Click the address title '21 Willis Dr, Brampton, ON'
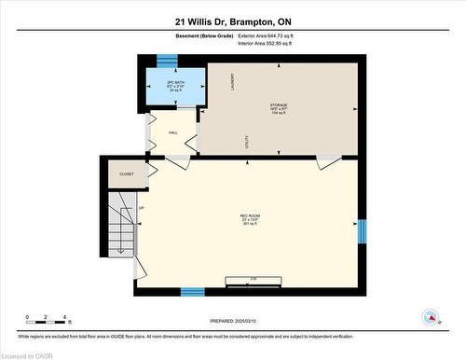pos(233,21)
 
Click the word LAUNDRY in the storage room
pos(218,83)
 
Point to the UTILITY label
pos(247,142)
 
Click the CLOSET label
pos(126,173)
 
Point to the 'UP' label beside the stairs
pos(142,207)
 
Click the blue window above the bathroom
pos(167,61)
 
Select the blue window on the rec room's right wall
pos(363,229)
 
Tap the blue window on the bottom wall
pos(192,291)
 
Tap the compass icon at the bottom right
pos(430,316)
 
